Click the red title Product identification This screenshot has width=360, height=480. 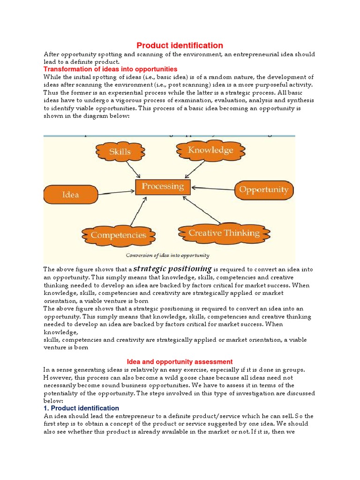pos(180,45)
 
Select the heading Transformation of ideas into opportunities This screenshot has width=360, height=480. pos(111,69)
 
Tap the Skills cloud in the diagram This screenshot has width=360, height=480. pos(120,152)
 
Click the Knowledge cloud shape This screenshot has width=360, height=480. pos(210,150)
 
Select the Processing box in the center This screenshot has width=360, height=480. pos(163,187)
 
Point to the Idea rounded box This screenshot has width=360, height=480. pos(70,194)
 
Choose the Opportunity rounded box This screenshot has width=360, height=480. pos(264,190)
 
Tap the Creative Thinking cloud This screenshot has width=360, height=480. pos(224,233)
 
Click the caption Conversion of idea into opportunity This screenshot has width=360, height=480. pos(167,255)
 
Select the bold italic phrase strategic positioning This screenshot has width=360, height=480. pos(172,269)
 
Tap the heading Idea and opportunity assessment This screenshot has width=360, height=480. pos(180,361)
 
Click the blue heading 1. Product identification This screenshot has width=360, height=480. pos(81,408)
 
